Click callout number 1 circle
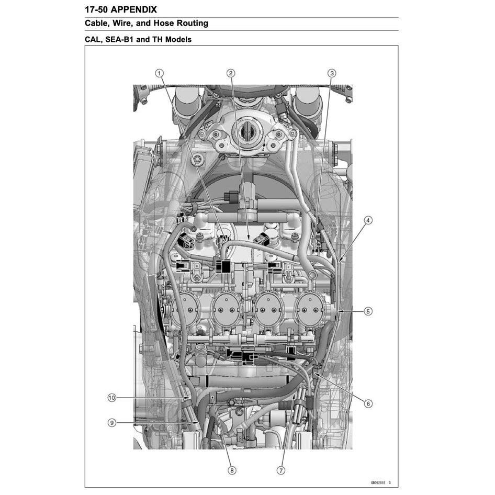pyautogui.click(x=160, y=73)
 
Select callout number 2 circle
pyautogui.click(x=231, y=73)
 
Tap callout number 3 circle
pyautogui.click(x=332, y=73)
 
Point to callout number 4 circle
pyautogui.click(x=368, y=220)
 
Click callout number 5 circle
pyautogui.click(x=368, y=311)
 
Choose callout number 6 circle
pyautogui.click(x=368, y=403)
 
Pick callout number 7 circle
pyautogui.click(x=281, y=470)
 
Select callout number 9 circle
pyautogui.click(x=111, y=422)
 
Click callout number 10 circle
pyautogui.click(x=111, y=398)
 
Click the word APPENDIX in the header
pyautogui.click(x=133, y=10)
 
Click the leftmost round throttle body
pyautogui.click(x=185, y=310)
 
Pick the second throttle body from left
pyautogui.click(x=227, y=310)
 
